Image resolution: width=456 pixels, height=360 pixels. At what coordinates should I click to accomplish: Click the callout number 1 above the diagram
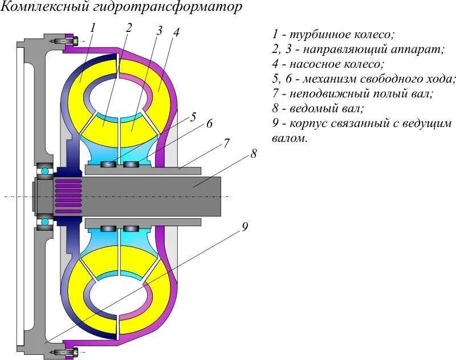(x=93, y=26)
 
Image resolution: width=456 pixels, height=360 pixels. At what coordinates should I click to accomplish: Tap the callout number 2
(x=129, y=27)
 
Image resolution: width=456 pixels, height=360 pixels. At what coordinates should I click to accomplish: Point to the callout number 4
(x=177, y=32)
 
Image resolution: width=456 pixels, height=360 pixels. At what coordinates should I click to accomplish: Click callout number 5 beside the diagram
(x=194, y=117)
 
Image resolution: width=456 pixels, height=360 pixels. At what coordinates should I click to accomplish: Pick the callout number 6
(x=209, y=124)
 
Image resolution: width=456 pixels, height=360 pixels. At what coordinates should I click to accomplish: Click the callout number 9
(x=245, y=227)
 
